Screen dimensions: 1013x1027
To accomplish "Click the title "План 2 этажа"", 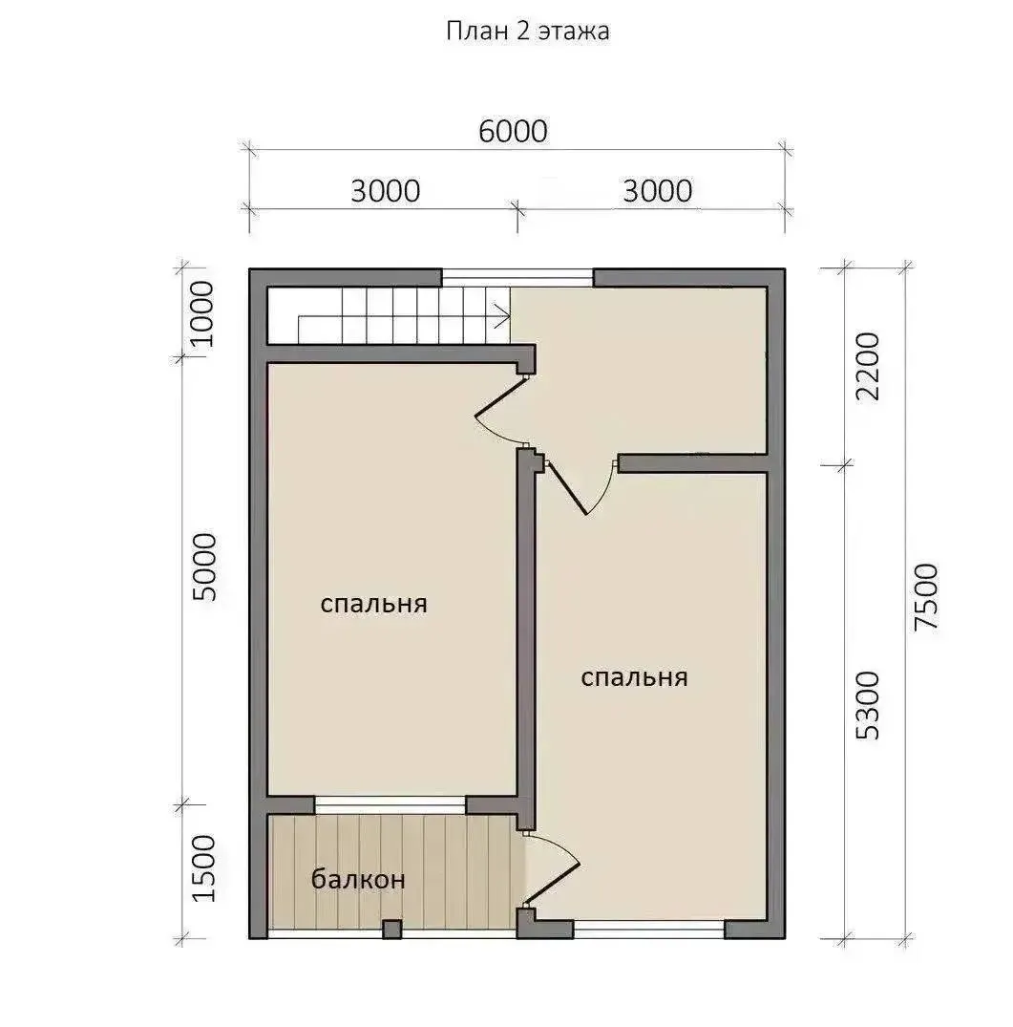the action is point(527,31).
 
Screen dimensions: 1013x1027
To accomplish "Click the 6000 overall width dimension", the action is point(513,132).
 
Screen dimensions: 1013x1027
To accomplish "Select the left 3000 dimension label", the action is point(386,191).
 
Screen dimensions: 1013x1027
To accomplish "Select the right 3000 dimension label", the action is point(658,191).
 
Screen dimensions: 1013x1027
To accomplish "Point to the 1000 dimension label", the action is point(201,313).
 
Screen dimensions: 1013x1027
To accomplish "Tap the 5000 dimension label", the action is point(204,567).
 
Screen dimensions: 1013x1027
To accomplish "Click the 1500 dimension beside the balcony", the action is point(204,868).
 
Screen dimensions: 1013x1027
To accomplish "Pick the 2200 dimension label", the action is point(868,367).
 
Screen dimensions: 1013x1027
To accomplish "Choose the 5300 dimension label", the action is point(868,705).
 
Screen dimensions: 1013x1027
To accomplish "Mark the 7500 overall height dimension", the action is point(926,597).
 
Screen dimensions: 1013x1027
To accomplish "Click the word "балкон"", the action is point(358,879).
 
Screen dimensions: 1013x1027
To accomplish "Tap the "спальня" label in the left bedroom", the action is point(373,604).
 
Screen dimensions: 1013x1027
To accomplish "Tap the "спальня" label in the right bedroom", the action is point(634,677).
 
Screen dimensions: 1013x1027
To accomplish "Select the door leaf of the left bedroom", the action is point(501,396).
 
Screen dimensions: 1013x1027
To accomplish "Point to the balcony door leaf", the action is point(552,885).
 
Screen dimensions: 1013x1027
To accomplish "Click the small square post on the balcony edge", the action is point(392,930).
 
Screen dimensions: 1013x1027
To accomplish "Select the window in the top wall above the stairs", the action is point(517,278).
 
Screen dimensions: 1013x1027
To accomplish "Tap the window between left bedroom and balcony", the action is point(390,805).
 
